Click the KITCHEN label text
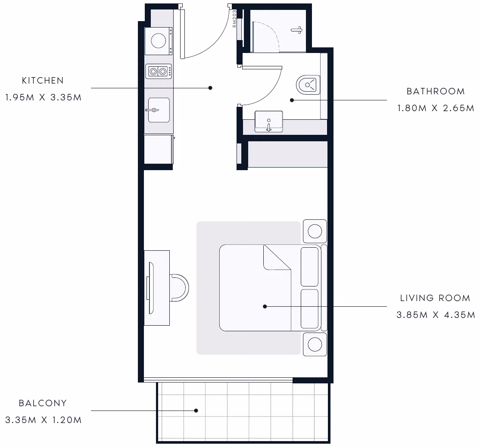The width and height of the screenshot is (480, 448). click(x=43, y=81)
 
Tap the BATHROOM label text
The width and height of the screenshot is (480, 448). click(x=436, y=91)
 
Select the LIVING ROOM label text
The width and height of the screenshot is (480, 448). click(x=435, y=298)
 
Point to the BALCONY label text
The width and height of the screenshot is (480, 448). click(x=43, y=403)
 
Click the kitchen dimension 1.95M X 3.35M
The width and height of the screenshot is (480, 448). click(x=44, y=97)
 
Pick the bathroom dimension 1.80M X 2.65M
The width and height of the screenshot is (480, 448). click(x=436, y=108)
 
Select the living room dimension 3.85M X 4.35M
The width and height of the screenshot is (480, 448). click(x=436, y=315)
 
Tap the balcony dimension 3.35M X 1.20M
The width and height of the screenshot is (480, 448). click(x=44, y=420)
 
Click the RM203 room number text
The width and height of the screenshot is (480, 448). click(x=234, y=19)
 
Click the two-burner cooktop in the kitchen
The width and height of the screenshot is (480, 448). click(x=158, y=72)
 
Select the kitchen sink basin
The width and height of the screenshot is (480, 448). click(x=159, y=110)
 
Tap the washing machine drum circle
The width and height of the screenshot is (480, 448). click(x=158, y=40)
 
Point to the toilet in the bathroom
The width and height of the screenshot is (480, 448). click(x=308, y=85)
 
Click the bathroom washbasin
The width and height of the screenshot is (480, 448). click(x=269, y=121)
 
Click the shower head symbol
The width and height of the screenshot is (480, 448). click(x=296, y=30)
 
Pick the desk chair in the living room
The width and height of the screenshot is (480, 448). click(x=179, y=288)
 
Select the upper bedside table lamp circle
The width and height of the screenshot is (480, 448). click(x=315, y=231)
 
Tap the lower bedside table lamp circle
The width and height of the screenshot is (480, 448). click(x=315, y=344)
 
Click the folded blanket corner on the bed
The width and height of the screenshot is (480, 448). click(x=277, y=258)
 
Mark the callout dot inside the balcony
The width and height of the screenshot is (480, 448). click(x=196, y=411)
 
